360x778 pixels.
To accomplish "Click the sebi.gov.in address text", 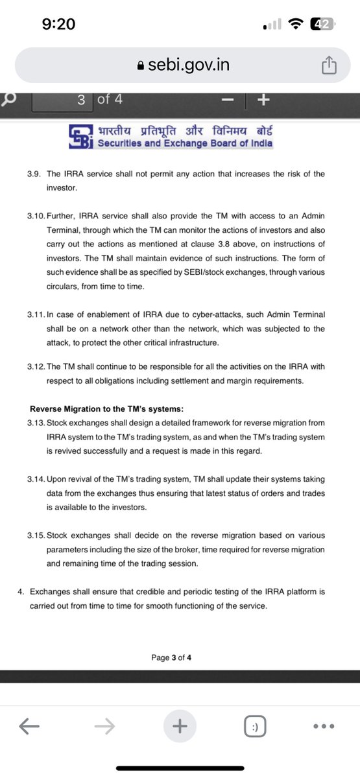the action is click(x=184, y=65).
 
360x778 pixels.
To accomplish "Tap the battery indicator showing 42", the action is click(x=322, y=24).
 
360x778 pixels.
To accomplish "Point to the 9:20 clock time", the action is click(x=58, y=24).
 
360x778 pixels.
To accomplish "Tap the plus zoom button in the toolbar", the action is click(x=263, y=100).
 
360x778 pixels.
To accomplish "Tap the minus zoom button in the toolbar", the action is click(x=227, y=100).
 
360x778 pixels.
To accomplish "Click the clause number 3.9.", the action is click(x=36, y=174).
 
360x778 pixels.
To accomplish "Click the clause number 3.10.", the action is click(x=38, y=215).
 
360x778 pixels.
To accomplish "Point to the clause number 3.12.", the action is click(x=38, y=367).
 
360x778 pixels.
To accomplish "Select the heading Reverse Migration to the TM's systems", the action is click(x=107, y=408).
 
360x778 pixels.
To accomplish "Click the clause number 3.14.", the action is click(x=38, y=479).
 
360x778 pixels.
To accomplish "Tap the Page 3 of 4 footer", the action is click(x=171, y=657).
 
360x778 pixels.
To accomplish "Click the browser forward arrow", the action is click(x=104, y=727).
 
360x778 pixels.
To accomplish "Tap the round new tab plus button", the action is click(x=180, y=727).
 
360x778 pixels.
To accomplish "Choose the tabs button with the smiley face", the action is click(x=255, y=727).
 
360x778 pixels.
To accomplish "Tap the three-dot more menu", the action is click(x=324, y=727).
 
